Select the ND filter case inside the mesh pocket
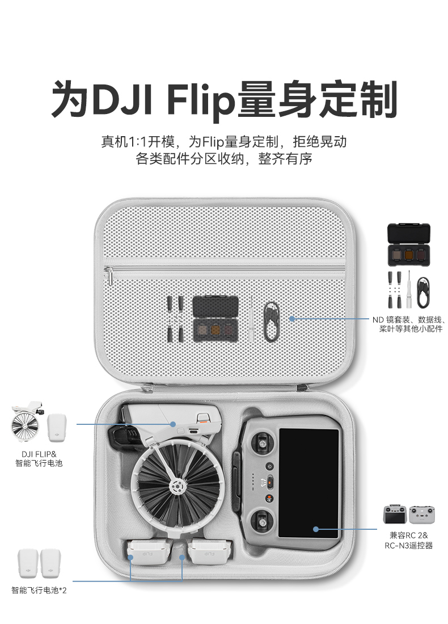click(x=215, y=319)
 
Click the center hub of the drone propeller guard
click(x=177, y=486)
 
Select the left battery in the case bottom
click(x=147, y=552)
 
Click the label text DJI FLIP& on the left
click(x=39, y=454)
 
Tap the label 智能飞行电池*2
click(x=39, y=591)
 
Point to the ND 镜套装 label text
click(x=392, y=319)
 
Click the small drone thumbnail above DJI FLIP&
click(x=27, y=423)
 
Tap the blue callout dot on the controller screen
click(x=315, y=529)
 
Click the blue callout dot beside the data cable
click(x=292, y=319)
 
